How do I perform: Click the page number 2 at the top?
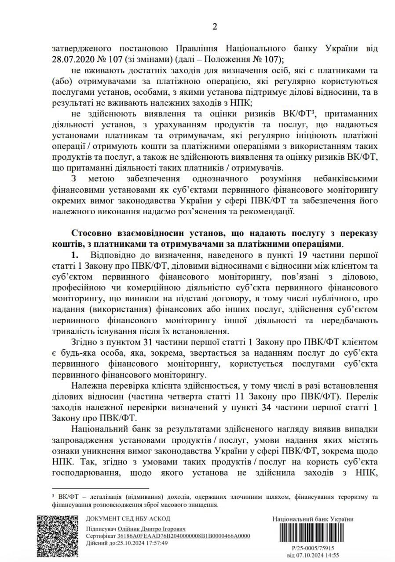click(215, 27)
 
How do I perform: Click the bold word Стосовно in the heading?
click(91, 233)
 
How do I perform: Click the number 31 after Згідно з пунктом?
click(150, 341)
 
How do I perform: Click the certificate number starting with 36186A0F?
click(184, 536)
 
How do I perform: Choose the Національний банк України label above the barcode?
click(313, 519)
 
